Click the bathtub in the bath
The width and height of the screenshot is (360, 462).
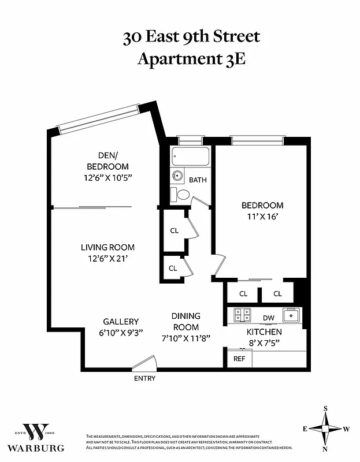[190, 157]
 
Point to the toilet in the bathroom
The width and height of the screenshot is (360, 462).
[182, 194]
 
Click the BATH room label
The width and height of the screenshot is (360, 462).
[198, 180]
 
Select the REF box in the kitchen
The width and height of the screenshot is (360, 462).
[239, 359]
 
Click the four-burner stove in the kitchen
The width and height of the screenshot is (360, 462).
[242, 315]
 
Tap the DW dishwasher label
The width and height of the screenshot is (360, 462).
[268, 318]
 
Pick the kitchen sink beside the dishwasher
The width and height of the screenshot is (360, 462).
[290, 315]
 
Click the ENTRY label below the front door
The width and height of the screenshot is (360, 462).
[144, 378]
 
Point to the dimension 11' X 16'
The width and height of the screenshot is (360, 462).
[262, 217]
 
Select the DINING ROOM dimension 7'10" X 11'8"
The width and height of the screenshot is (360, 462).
[185, 338]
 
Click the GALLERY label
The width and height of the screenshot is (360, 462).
[121, 322]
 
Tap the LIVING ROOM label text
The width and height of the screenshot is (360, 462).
[107, 247]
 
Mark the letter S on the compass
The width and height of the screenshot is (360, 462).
[325, 408]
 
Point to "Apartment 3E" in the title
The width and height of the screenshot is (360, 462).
[191, 59]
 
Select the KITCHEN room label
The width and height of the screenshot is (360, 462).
[264, 332]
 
